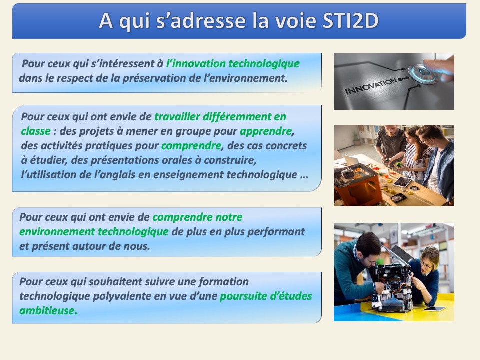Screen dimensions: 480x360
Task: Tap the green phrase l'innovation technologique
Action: [x=233, y=63]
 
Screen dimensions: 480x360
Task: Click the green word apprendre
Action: [x=265, y=131]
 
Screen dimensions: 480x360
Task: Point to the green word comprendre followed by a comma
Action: [x=191, y=146]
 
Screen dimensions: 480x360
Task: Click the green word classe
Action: [x=36, y=131]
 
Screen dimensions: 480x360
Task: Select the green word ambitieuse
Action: [x=48, y=310]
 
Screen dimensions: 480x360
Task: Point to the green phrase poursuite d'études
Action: [x=266, y=296]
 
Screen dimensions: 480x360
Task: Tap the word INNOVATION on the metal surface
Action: [x=371, y=86]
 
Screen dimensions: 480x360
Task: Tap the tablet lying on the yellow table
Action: [x=434, y=309]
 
